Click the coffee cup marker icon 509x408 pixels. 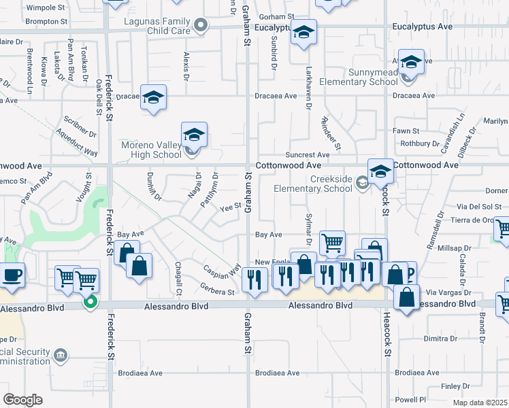tap(12, 275)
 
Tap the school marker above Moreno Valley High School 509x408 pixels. tap(194, 135)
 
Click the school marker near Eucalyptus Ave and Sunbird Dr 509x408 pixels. tap(303, 32)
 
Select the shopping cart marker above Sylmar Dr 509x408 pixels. tap(332, 241)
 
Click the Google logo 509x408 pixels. tap(23, 399)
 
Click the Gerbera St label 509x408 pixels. tap(218, 292)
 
